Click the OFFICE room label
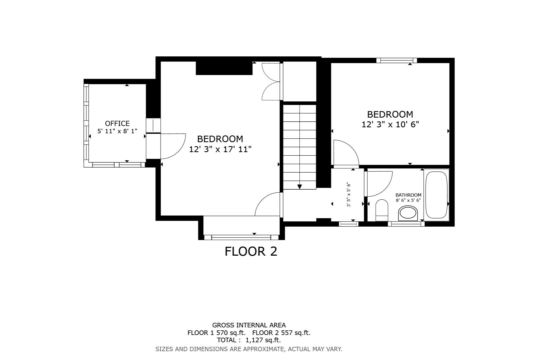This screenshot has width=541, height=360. (117, 123)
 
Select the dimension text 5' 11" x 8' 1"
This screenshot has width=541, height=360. (117, 131)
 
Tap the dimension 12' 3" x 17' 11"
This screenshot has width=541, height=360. (220, 149)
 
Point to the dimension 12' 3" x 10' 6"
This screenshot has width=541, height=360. (390, 124)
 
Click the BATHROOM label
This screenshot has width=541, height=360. (408, 195)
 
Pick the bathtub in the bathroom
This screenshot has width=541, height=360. (436, 195)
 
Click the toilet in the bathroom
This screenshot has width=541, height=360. (382, 210)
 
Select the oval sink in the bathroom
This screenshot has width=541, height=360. (408, 213)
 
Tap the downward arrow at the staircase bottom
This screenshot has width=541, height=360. (300, 187)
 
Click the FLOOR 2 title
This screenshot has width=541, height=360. (251, 251)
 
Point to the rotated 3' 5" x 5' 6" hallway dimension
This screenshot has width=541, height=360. (349, 194)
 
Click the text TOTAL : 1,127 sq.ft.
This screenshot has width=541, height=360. (249, 340)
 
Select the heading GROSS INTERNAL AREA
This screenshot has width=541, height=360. (249, 325)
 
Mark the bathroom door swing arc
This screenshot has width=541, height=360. (379, 183)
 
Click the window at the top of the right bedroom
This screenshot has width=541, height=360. (397, 60)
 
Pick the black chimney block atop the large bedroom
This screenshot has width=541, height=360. (224, 68)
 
